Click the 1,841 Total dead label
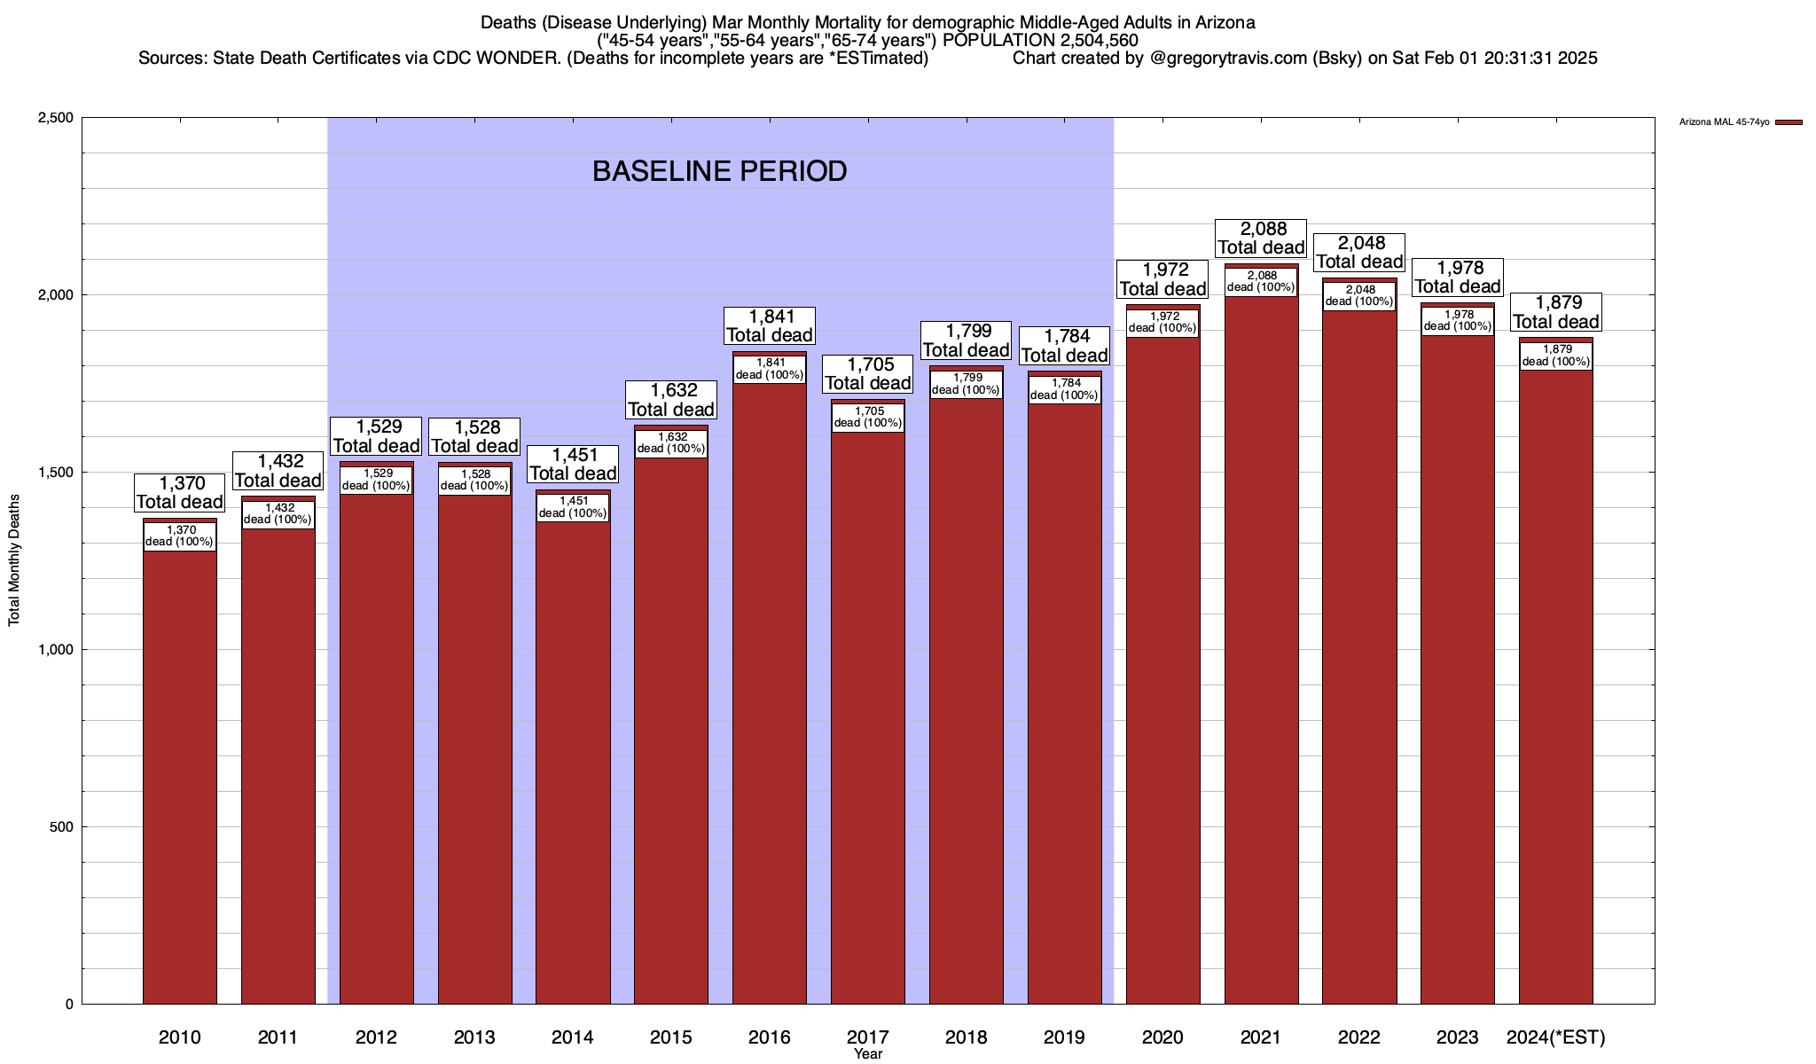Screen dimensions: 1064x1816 [x=769, y=325]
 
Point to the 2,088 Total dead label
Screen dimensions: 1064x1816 [x=1261, y=238]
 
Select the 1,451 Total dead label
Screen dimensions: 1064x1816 [x=572, y=464]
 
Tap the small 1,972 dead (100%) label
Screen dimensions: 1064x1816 [x=1162, y=322]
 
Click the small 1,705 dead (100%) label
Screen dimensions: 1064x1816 [x=867, y=417]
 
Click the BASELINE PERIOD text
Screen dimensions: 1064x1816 [x=719, y=171]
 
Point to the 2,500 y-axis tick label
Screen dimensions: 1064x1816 [x=55, y=118]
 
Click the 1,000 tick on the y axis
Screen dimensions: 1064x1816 [x=55, y=650]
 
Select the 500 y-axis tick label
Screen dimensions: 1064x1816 [x=61, y=827]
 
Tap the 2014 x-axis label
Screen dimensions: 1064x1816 [x=572, y=1037]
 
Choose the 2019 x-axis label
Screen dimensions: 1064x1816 [x=1064, y=1037]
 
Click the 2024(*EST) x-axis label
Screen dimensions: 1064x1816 [x=1555, y=1037]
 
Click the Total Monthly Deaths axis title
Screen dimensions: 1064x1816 [x=14, y=560]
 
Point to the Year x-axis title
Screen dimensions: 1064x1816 [x=867, y=1053]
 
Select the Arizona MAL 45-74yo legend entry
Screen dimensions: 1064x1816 [x=1724, y=122]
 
